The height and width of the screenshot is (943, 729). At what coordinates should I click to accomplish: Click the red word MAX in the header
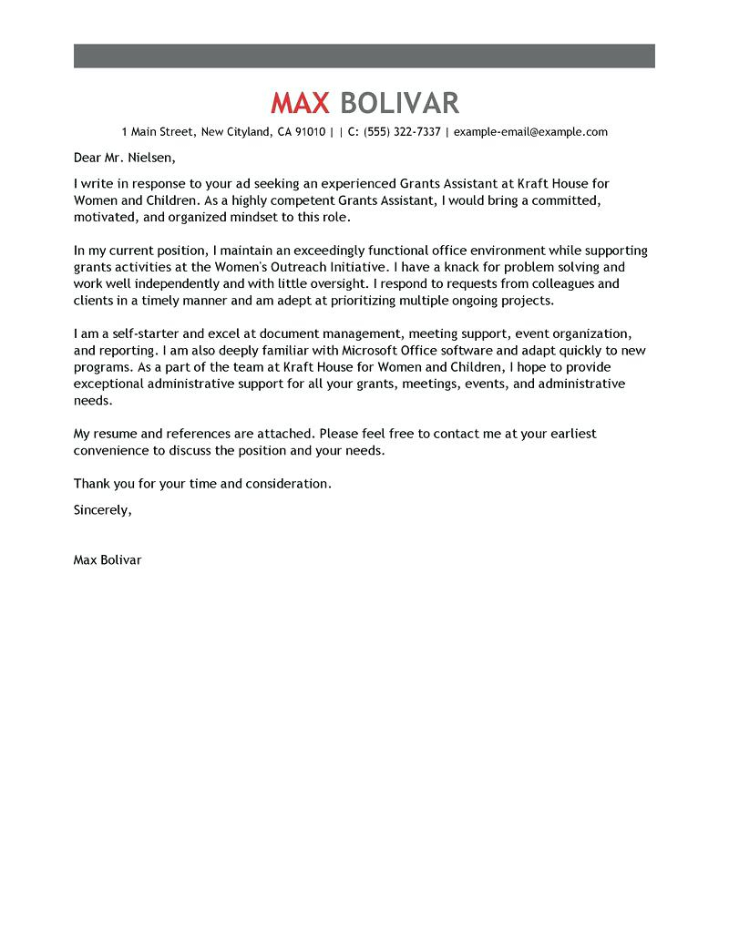coord(300,102)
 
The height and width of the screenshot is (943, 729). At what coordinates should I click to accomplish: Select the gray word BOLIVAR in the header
coord(398,102)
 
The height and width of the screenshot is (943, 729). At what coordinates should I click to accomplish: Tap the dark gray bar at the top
coord(364,56)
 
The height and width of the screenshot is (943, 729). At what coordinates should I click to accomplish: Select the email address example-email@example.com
coord(530,132)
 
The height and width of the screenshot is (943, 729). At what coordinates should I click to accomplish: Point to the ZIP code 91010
coord(308,132)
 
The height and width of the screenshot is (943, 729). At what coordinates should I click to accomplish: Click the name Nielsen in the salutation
coord(145,157)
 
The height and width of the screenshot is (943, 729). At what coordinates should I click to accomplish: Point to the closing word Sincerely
coord(102,510)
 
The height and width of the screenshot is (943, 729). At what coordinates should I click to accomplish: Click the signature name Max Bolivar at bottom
coord(108,560)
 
